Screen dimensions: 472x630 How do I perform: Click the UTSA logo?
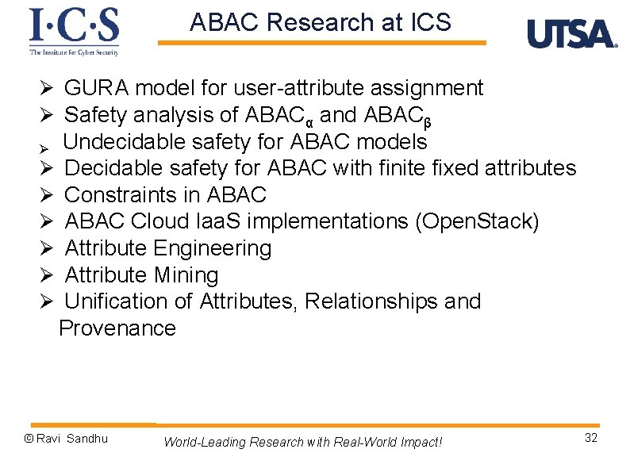pos(571,34)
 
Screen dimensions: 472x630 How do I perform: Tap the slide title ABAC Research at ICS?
pos(320,23)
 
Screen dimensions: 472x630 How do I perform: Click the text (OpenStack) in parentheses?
pos(477,221)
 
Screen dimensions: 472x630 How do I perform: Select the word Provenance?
pos(117,328)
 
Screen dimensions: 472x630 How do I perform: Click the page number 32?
pos(590,439)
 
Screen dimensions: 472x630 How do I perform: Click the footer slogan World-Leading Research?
pos(302,442)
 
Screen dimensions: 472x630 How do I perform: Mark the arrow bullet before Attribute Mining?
pos(47,276)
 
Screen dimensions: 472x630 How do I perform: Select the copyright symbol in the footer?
pos(29,439)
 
